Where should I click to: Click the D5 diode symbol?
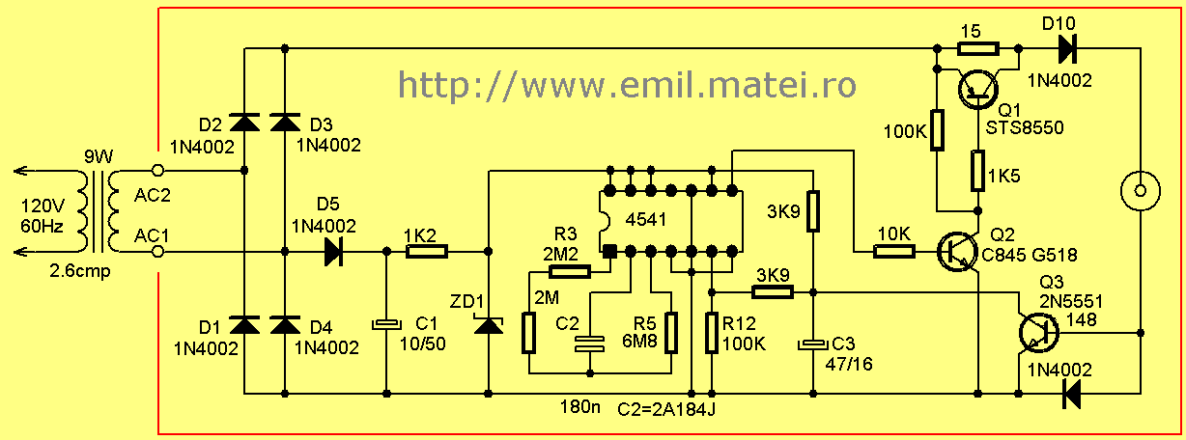[x=333, y=252]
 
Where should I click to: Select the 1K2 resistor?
[x=427, y=251]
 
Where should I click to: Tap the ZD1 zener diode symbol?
[x=488, y=323]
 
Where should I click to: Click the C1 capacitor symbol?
[x=386, y=324]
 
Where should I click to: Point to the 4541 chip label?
[x=645, y=219]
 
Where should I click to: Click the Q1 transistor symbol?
[x=978, y=89]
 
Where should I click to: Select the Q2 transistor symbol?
[x=957, y=252]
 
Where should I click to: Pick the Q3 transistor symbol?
[x=1039, y=333]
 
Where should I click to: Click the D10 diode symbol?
[x=1067, y=49]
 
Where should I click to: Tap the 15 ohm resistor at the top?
[x=978, y=49]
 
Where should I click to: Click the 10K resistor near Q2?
[x=894, y=252]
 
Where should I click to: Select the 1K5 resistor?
[x=978, y=170]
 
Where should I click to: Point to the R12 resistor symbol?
[x=712, y=333]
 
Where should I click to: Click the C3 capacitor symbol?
[x=813, y=344]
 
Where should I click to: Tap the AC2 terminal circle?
[x=157, y=170]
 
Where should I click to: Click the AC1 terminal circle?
[x=157, y=252]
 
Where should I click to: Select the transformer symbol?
[x=99, y=211]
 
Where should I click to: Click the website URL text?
[x=627, y=85]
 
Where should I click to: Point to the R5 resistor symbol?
[x=671, y=333]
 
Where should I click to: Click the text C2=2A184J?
[x=666, y=410]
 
